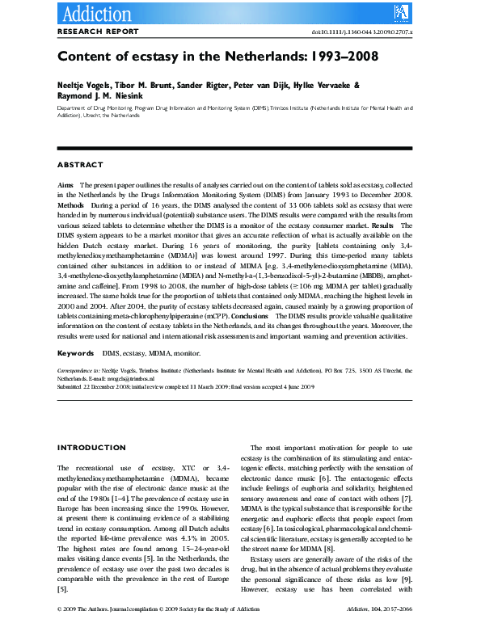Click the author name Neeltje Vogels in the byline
[82, 86]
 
